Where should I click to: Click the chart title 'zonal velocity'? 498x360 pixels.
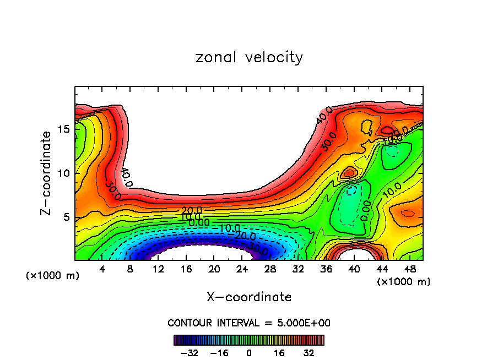249,57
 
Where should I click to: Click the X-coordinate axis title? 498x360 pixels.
249,297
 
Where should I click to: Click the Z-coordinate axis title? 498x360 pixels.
47,173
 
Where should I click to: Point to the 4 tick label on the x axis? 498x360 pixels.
102,269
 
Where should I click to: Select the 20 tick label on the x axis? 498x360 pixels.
214,269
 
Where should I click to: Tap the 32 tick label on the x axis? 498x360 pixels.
298,269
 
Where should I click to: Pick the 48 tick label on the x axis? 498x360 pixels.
409,269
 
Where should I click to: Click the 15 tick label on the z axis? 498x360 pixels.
63,129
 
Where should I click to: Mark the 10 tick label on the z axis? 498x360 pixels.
63,173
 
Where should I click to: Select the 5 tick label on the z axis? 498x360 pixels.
66,217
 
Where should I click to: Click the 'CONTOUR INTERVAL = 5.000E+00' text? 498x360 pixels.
249,323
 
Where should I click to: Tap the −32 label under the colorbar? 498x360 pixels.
189,352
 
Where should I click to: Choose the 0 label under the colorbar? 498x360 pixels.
249,352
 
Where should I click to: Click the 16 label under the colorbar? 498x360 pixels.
279,352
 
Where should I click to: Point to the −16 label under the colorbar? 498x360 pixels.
219,352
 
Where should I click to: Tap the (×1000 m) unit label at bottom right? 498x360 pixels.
403,282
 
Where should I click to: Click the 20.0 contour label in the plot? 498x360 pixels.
191,210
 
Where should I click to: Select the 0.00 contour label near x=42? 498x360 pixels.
364,210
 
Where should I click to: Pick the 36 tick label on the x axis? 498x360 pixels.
326,269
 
